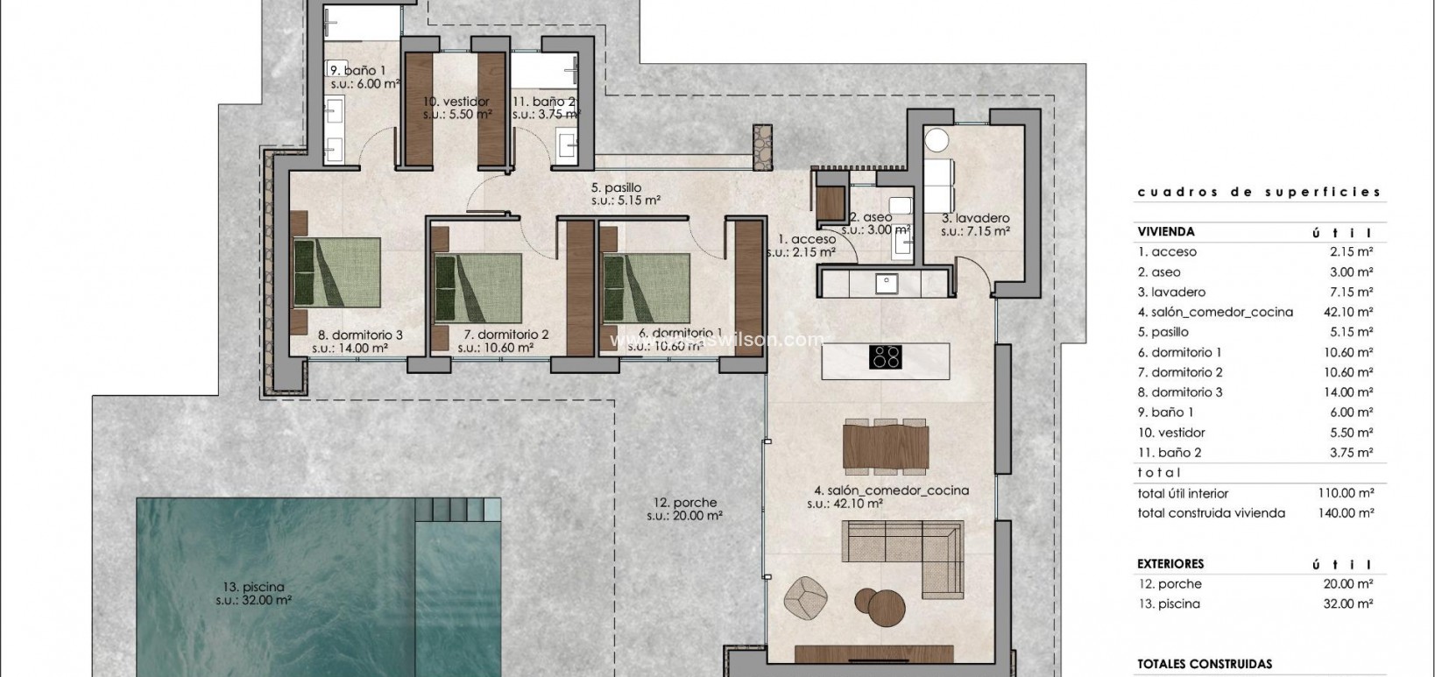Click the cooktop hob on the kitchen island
point(885,356)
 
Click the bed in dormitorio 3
point(337,272)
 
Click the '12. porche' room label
point(684,503)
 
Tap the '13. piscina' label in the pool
point(253,587)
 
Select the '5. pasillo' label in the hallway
point(616,187)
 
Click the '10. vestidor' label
point(456,102)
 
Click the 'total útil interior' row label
point(1183,493)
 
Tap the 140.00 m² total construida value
point(1346,513)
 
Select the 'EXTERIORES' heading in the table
point(1170,564)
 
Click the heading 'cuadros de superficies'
point(1258,192)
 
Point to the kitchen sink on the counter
point(886,283)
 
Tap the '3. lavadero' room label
point(975,218)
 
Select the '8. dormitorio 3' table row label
point(1180,392)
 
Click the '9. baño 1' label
point(357,70)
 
